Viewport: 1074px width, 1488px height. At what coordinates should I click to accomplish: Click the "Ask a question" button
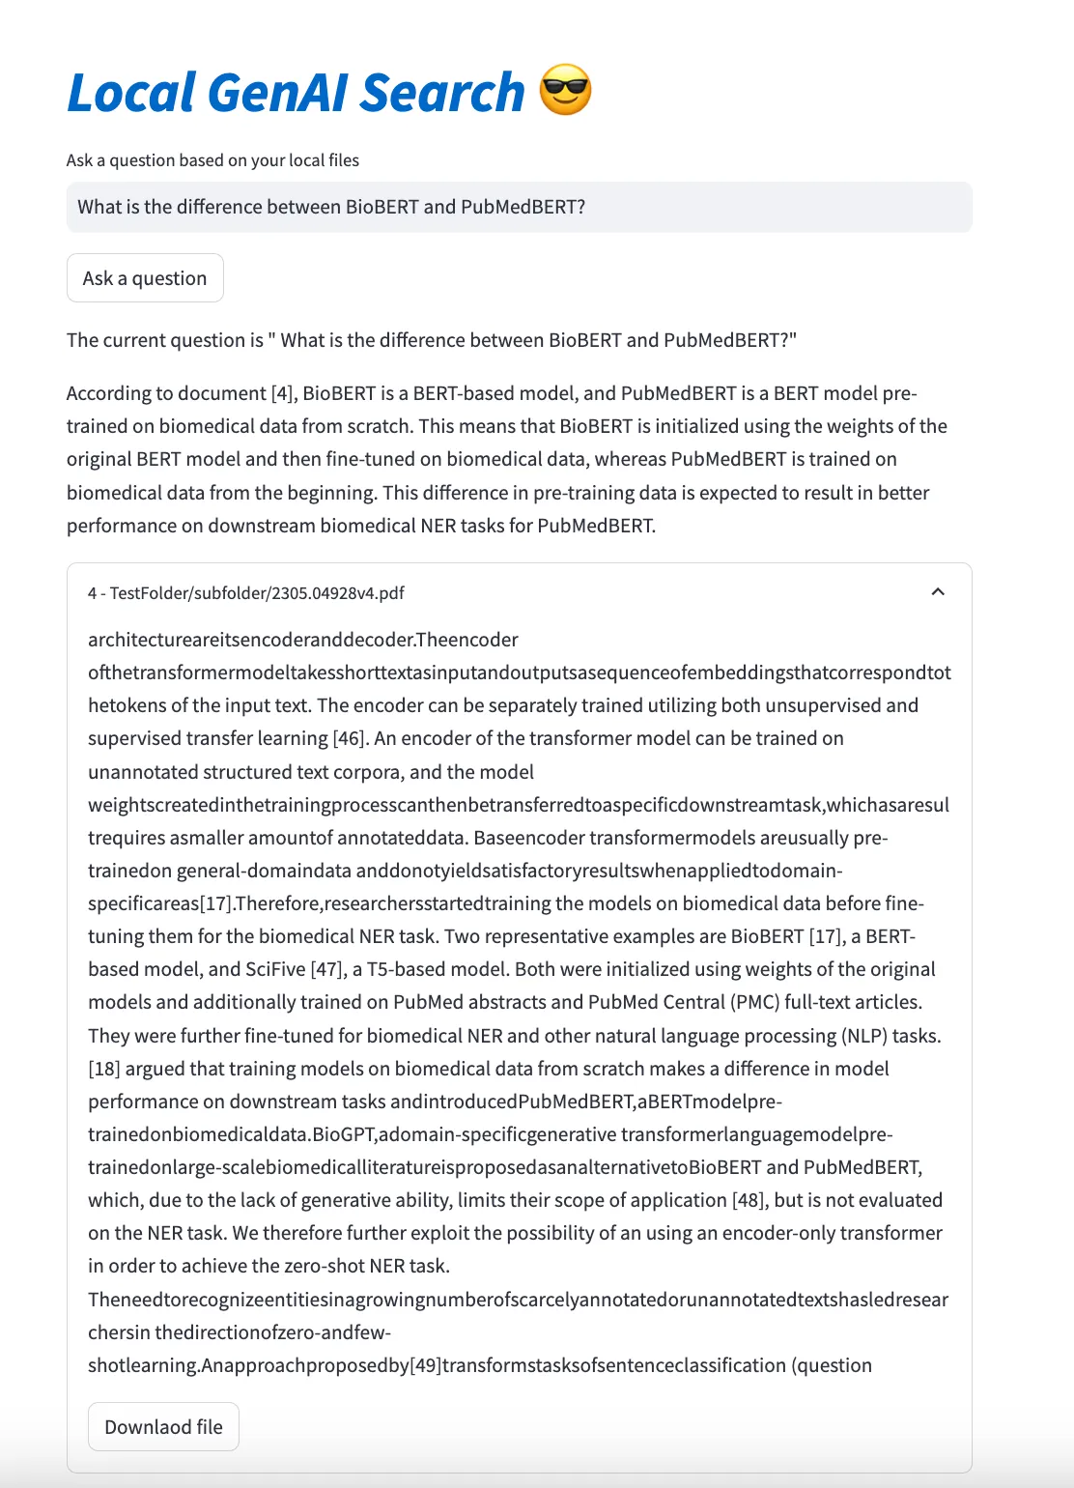point(145,278)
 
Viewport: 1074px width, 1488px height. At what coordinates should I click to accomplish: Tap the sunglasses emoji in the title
point(565,91)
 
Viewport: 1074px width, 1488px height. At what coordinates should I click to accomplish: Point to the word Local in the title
point(130,93)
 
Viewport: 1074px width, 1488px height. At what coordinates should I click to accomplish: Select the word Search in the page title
point(442,93)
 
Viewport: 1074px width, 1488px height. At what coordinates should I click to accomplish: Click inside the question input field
point(519,207)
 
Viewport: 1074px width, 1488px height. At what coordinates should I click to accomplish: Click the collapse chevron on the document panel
point(937,591)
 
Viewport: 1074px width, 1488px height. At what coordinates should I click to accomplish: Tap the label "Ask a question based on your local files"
point(212,160)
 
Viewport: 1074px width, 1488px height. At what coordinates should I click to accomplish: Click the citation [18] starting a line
point(103,1069)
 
